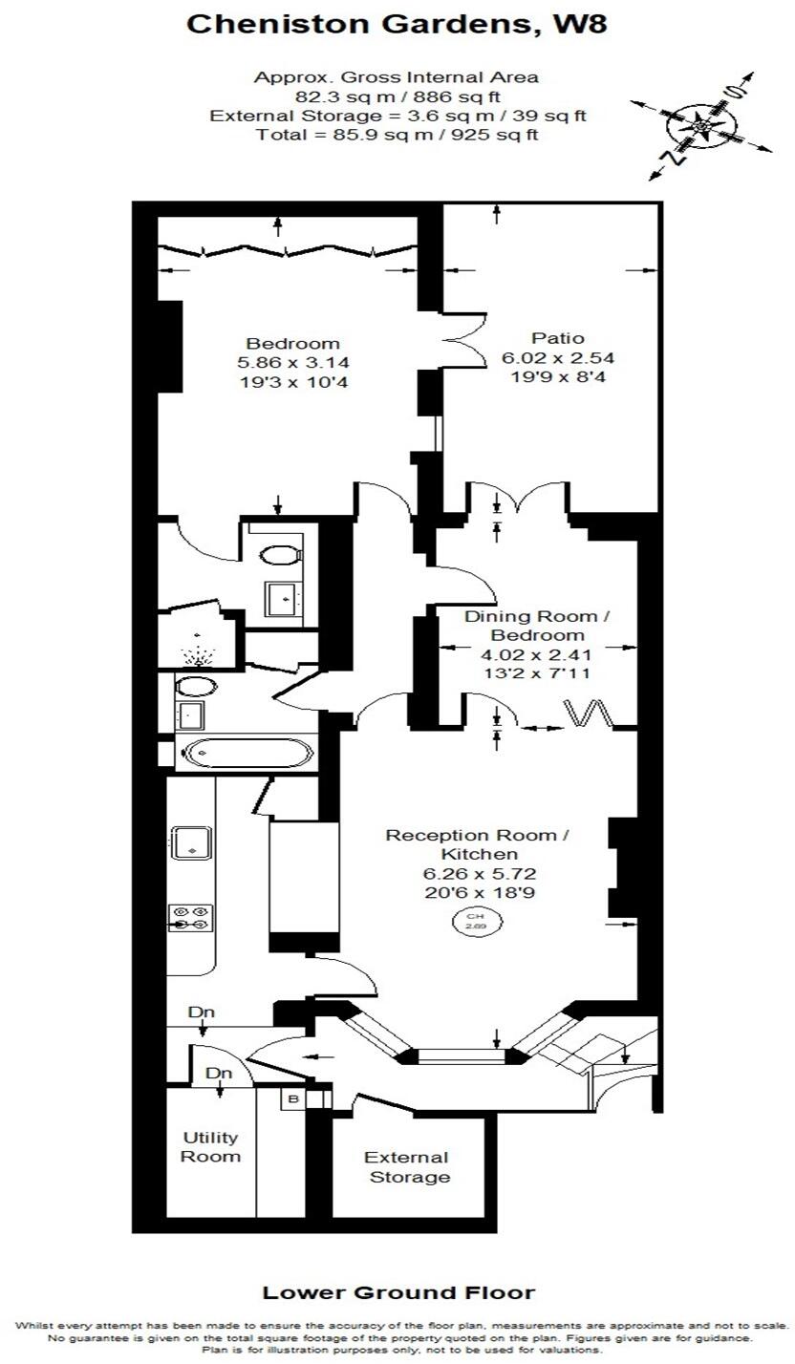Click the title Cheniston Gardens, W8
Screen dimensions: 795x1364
pyautogui.click(x=397, y=25)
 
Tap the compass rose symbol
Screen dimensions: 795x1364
pyautogui.click(x=701, y=126)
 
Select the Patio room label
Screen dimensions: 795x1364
pyautogui.click(x=557, y=338)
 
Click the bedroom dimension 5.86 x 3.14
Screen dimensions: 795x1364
pyautogui.click(x=293, y=363)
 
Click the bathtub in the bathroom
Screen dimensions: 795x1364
pyautogui.click(x=247, y=754)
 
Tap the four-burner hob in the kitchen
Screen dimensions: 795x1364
pyautogui.click(x=191, y=918)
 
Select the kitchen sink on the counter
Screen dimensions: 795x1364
pyautogui.click(x=192, y=842)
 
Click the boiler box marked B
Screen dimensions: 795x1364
pyautogui.click(x=293, y=1099)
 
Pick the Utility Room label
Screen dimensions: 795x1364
pyautogui.click(x=211, y=1147)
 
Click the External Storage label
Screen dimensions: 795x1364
pyautogui.click(x=407, y=1166)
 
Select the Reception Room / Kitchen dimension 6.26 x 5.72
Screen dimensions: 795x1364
pyautogui.click(x=480, y=874)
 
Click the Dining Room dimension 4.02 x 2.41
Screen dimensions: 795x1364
pyautogui.click(x=535, y=655)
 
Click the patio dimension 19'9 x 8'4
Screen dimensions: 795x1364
pyautogui.click(x=558, y=377)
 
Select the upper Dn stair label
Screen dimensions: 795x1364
pyautogui.click(x=201, y=1012)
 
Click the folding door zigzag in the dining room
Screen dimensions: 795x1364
pyautogui.click(x=589, y=714)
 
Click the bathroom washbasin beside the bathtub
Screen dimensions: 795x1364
pyautogui.click(x=190, y=714)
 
